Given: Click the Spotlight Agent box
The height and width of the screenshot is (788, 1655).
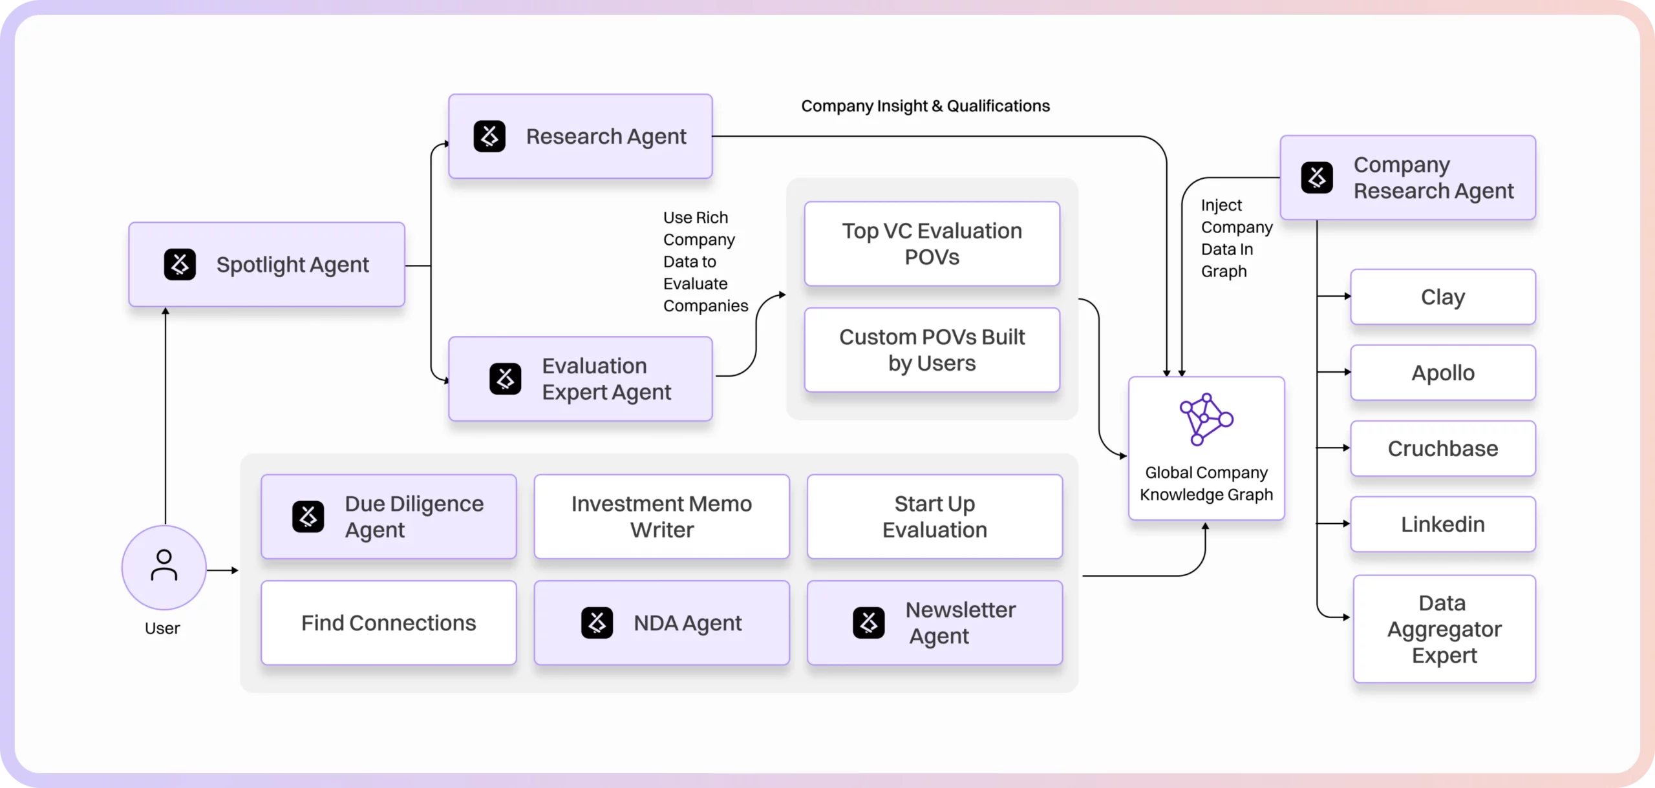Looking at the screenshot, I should [x=266, y=265].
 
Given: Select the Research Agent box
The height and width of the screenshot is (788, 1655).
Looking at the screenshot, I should [x=580, y=136].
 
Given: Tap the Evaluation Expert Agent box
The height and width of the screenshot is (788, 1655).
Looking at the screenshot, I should [x=580, y=378].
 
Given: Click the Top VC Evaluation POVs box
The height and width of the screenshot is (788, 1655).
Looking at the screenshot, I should [x=932, y=244].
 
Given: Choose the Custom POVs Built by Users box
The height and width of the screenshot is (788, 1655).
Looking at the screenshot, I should [x=932, y=350].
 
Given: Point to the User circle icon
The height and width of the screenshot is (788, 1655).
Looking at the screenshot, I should [x=164, y=567].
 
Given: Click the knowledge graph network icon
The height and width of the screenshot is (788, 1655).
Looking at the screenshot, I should [x=1206, y=419].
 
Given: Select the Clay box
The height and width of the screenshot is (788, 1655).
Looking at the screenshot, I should [x=1442, y=297].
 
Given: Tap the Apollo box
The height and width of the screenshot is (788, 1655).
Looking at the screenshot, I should [x=1442, y=373].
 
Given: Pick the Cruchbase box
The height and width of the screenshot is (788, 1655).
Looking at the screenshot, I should [x=1442, y=448].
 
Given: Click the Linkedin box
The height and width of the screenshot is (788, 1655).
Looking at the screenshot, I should [x=1442, y=524].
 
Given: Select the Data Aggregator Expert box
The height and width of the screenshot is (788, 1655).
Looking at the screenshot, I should [x=1444, y=628].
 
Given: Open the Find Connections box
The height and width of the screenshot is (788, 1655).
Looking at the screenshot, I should [x=389, y=623].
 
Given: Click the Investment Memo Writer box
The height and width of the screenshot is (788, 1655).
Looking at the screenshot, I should [x=661, y=517].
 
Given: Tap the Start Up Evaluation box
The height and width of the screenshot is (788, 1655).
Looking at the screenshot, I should [x=934, y=517].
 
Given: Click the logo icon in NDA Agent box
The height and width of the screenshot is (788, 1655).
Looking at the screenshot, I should [x=597, y=623].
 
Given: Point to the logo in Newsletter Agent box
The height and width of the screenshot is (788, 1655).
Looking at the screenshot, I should [x=868, y=623].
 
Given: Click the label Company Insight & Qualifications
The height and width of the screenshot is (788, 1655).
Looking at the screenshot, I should [x=925, y=106].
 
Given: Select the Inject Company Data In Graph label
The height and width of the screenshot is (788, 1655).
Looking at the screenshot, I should [x=1235, y=238].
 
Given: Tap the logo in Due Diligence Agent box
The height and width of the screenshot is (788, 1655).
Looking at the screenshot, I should [x=308, y=517].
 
